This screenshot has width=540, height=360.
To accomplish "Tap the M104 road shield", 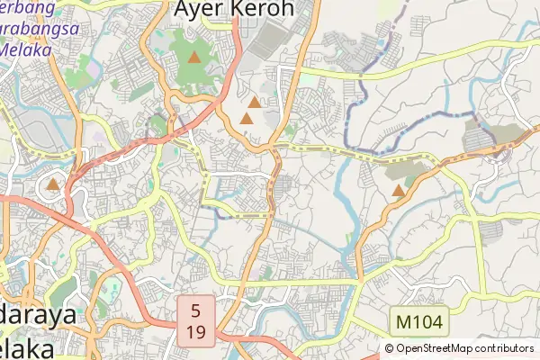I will pos(418,320).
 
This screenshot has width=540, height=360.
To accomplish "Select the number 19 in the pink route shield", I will pos(197,332).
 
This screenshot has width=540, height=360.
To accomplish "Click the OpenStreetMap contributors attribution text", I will pos(459,348).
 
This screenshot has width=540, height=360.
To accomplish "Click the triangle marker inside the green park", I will pos(194,58).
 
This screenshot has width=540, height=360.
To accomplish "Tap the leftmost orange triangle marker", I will pos(52,185).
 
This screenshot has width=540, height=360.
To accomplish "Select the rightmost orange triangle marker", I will pos(398,190).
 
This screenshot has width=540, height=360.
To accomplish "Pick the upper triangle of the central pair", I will pos(255,103).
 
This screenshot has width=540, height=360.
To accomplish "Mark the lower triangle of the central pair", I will pos(247,119).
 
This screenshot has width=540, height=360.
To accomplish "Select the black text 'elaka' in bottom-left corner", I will pos(27,347).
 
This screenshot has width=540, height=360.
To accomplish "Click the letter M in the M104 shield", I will pos(401,320).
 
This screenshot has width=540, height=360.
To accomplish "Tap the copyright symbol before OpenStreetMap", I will pos(389,348).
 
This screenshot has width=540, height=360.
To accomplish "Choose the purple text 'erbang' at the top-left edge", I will pos(27,7).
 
